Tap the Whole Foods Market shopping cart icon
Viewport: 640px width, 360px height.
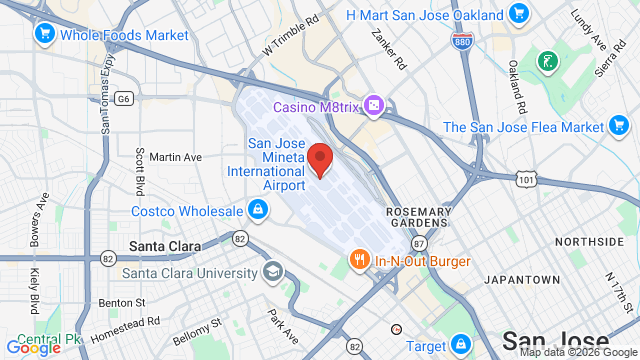point(44,35)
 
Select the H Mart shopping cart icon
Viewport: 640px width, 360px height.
point(518,14)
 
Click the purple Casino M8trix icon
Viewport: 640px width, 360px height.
point(372,105)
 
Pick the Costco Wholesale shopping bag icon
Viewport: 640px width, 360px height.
point(258,210)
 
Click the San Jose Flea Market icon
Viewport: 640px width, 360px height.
point(620,127)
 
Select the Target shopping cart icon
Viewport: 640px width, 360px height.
point(458,344)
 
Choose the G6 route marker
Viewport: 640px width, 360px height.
point(124,98)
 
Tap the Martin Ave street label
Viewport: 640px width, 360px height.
point(175,157)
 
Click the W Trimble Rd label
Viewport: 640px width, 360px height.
point(290,34)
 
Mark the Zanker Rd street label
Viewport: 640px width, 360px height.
point(388,49)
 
